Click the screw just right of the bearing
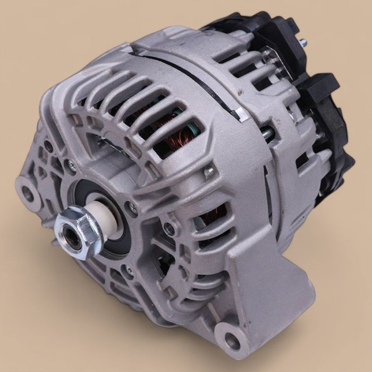tap(133, 207)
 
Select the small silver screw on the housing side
tap(209, 171)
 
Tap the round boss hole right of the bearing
tap(169, 229)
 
